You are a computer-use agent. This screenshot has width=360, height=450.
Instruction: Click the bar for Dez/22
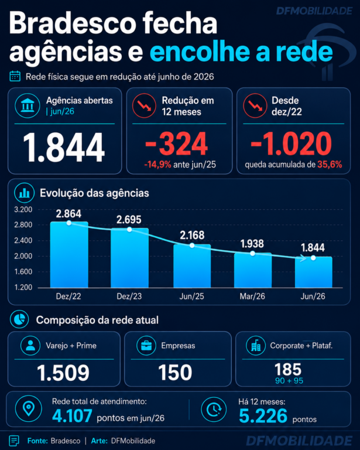tap(69, 254)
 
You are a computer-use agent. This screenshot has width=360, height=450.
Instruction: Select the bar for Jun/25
tap(192, 266)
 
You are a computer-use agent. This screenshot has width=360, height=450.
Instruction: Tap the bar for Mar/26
tap(252, 270)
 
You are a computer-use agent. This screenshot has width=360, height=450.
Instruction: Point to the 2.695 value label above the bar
tap(129, 220)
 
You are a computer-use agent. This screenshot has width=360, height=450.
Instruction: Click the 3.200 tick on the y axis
tap(23, 210)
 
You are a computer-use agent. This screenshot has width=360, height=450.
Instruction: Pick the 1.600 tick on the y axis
tap(23, 271)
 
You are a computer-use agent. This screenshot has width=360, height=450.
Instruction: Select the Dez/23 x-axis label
tap(129, 296)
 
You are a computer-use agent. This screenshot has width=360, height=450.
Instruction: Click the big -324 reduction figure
tap(176, 144)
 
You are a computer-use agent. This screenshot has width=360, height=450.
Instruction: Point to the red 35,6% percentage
tap(330, 165)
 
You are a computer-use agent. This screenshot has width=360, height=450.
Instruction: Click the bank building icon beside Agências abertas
tap(28, 105)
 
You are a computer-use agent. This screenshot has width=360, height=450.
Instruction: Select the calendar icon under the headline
tap(15, 76)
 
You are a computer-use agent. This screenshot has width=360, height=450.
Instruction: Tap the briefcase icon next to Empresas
tap(146, 346)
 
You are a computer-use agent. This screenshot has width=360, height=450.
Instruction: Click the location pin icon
tap(29, 408)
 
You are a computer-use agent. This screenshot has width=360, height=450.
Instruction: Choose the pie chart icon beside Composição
tap(19, 319)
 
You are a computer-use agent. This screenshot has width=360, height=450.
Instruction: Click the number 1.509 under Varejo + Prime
tap(63, 373)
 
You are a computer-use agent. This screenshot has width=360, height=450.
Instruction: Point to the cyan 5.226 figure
tap(263, 416)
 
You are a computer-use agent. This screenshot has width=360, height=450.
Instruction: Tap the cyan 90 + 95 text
tap(289, 381)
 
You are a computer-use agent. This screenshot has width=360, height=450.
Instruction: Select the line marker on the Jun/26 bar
tap(313, 258)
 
